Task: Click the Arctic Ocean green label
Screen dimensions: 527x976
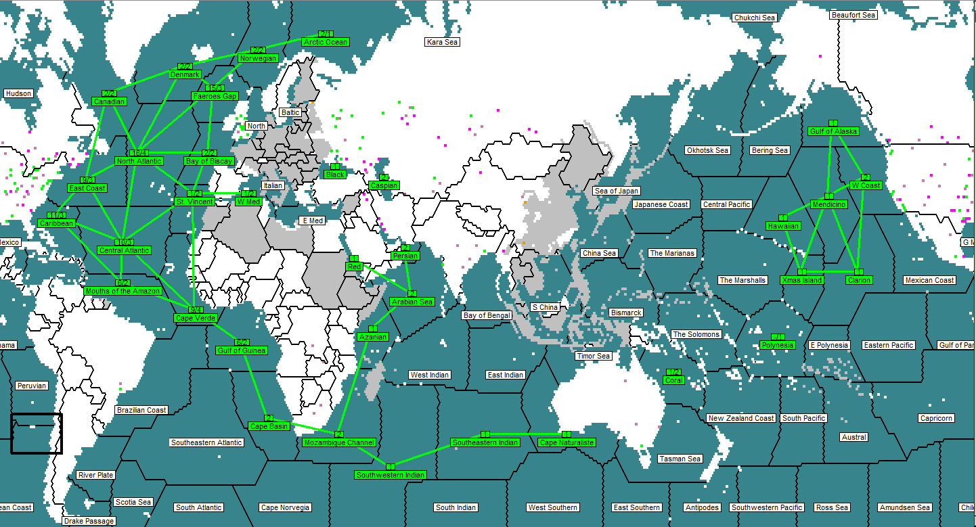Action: click(326, 42)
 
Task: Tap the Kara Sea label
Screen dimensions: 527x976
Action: click(442, 42)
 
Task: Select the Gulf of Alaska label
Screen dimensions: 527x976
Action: click(833, 131)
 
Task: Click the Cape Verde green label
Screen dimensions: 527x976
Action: click(196, 318)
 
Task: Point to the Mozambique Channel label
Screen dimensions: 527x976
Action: click(339, 442)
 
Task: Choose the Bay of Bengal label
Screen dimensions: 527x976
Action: click(487, 315)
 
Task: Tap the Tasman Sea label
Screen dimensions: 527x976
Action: click(680, 459)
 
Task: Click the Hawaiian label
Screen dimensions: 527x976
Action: click(783, 226)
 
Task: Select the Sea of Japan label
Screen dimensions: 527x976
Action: click(617, 191)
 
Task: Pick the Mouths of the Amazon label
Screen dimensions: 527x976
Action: click(123, 291)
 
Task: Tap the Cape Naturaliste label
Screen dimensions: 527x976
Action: click(567, 442)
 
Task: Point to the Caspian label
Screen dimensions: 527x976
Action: click(384, 185)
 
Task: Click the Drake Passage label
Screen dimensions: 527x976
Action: click(89, 521)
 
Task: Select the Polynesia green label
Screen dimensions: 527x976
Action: click(777, 345)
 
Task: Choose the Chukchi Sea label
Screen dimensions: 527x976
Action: click(754, 18)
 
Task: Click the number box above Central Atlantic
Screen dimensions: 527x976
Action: click(124, 242)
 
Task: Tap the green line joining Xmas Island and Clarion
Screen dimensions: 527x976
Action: click(830, 272)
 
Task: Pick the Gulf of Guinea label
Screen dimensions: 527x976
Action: click(242, 350)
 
